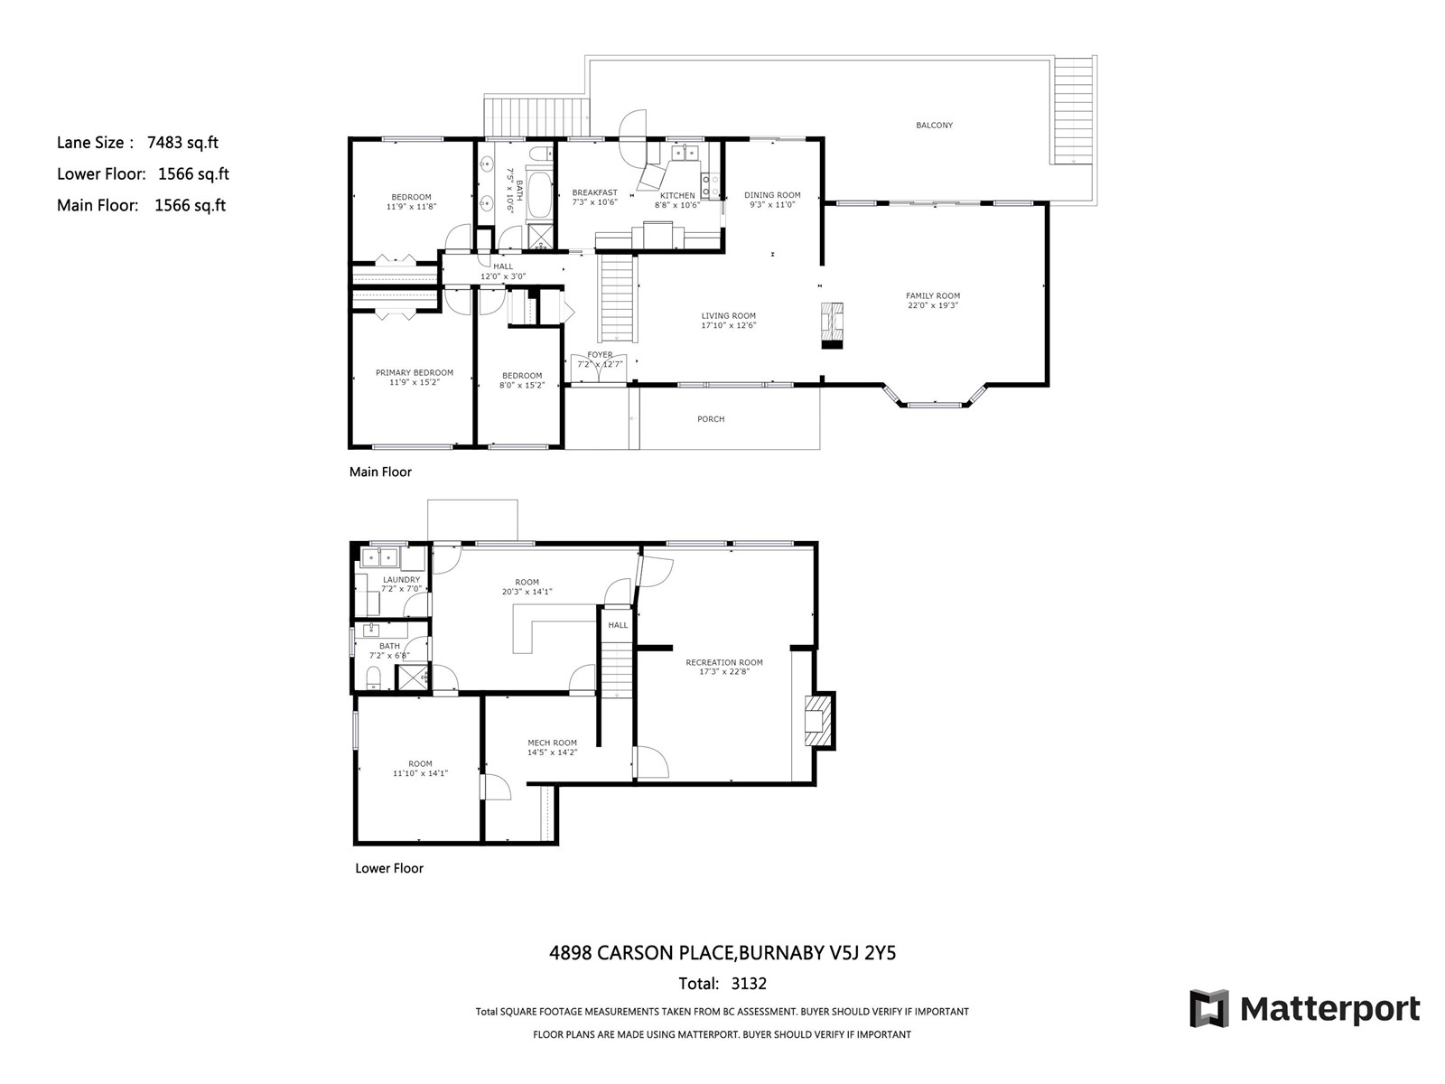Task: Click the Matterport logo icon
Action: [x=1208, y=1008]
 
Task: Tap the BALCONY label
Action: [x=934, y=125]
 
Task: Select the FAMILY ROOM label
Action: [x=933, y=296]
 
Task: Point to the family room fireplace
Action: [x=832, y=325]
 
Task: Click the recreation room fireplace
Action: [x=819, y=720]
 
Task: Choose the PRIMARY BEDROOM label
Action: [x=414, y=372]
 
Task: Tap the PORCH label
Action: [x=711, y=419]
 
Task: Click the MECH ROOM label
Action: [x=552, y=743]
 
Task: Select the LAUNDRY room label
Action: [x=401, y=580]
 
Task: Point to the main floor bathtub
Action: [x=540, y=195]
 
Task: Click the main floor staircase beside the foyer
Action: [x=618, y=299]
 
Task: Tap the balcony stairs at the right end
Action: [x=1074, y=110]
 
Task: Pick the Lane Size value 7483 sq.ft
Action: [x=182, y=143]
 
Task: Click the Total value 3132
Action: [x=749, y=984]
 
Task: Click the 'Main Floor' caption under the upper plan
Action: [x=380, y=472]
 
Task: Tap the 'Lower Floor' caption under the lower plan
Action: [x=389, y=868]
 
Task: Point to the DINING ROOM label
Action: [x=772, y=195]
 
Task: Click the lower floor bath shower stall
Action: [x=412, y=677]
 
